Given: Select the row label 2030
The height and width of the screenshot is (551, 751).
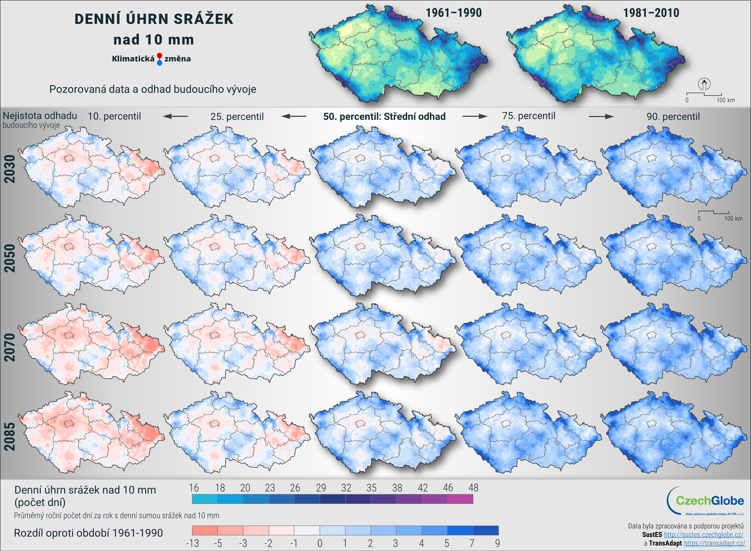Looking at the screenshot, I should point(10,169).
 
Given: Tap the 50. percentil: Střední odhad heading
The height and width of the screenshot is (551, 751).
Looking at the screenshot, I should point(384,116).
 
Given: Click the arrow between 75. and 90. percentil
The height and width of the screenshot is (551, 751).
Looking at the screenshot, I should point(601,116).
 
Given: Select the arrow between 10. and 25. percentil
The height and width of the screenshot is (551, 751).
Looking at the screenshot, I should point(176,116).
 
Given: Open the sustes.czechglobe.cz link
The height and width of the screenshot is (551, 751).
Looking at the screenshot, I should point(703,534).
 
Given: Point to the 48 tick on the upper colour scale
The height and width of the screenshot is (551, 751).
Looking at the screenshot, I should point(473,488).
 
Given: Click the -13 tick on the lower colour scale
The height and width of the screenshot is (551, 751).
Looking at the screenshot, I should point(192,543).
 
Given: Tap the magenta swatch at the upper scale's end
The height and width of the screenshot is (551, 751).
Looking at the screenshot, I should point(460,499).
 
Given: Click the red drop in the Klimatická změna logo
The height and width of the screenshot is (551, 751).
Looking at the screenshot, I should point(159,55).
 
